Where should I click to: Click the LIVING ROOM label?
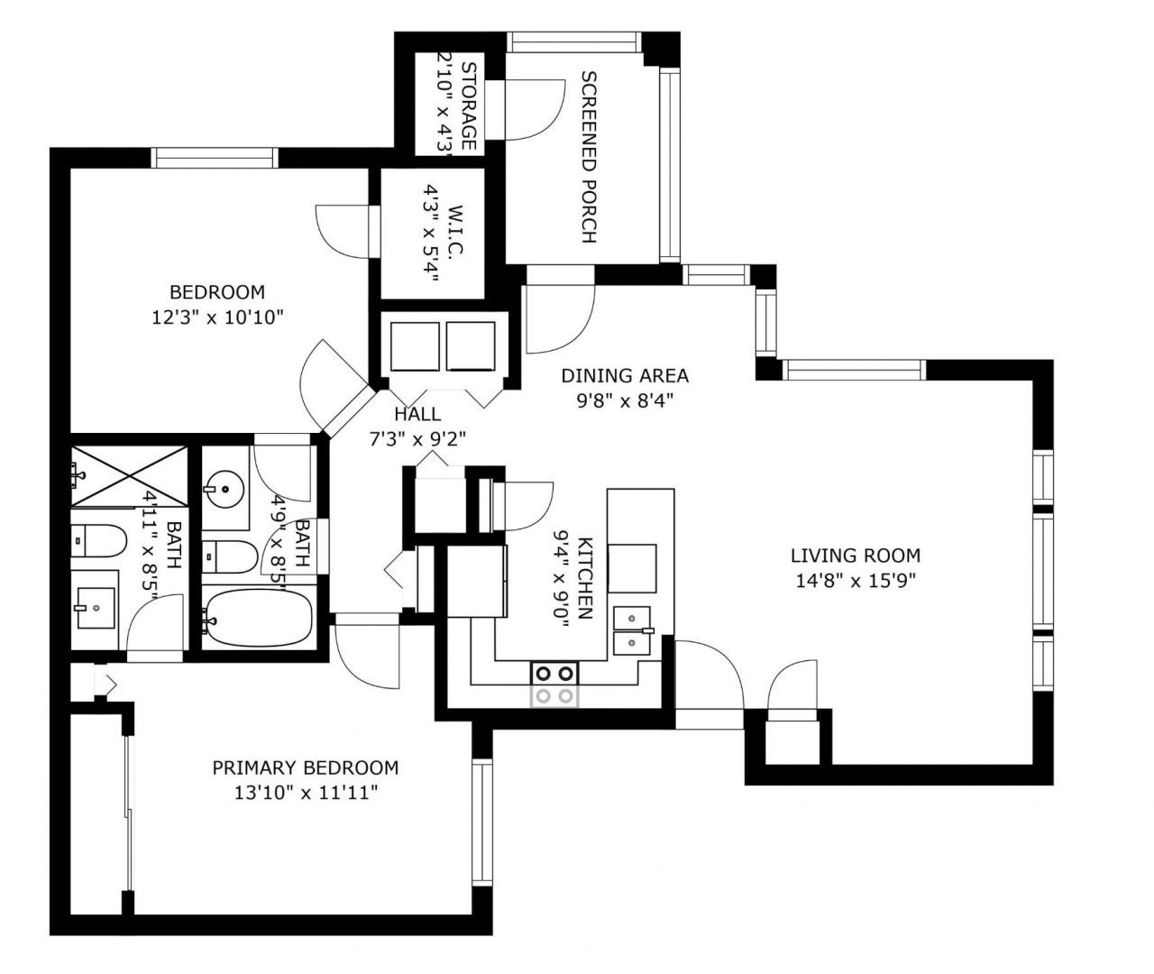pos(855,556)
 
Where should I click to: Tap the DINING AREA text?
pos(625,375)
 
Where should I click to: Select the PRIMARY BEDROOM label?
pos(305,768)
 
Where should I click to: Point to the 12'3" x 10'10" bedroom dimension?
pos(218,317)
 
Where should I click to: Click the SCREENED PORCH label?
pos(588,158)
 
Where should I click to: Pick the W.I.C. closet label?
pos(454,233)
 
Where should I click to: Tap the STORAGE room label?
pos(469,106)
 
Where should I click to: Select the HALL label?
pos(417,414)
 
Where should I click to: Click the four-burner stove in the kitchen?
pos(554,683)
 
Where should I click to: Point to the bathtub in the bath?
pos(257,618)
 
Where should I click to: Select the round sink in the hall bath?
pos(224,491)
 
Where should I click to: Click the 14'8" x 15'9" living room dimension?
pos(855,581)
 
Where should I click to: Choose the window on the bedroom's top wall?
pos(215,158)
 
